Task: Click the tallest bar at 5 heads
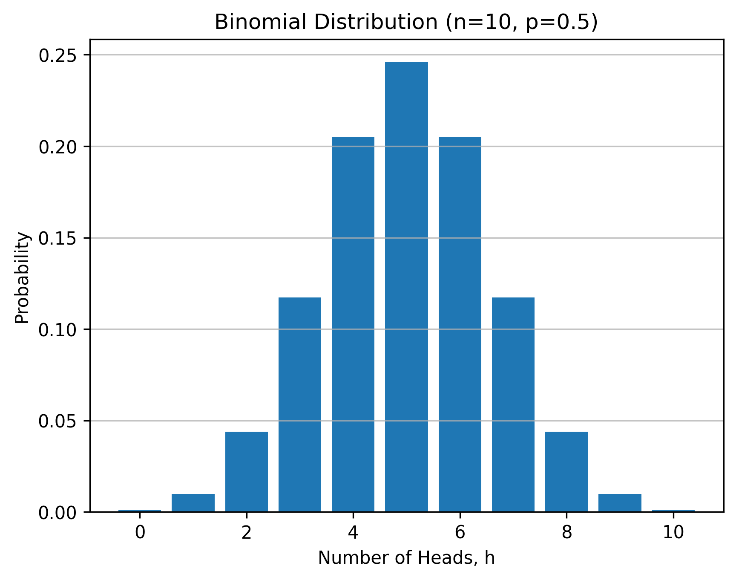[406, 286]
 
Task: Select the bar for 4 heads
[353, 324]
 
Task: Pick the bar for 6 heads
[460, 324]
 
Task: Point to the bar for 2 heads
[247, 471]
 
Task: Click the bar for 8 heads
[566, 471]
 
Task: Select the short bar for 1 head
[193, 503]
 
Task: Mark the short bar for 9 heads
[620, 503]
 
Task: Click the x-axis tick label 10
[673, 533]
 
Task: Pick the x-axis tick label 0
[140, 533]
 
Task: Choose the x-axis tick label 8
[566, 533]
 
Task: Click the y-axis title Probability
[22, 278]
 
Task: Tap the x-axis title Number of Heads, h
[406, 558]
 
